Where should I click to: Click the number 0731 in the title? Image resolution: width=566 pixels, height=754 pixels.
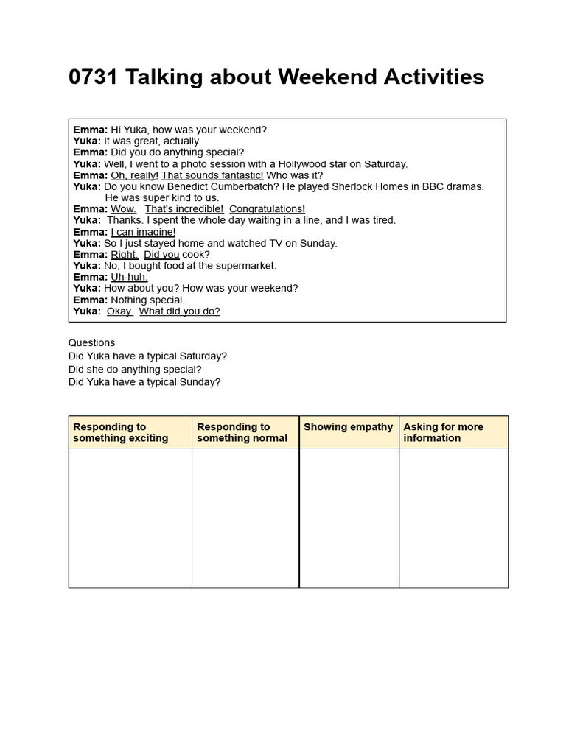pyautogui.click(x=94, y=77)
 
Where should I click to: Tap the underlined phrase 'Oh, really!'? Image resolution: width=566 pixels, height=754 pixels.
pyautogui.click(x=134, y=175)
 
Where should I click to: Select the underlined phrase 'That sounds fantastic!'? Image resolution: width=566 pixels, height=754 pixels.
pyautogui.click(x=212, y=175)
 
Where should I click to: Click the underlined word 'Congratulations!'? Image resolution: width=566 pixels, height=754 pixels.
pyautogui.click(x=267, y=209)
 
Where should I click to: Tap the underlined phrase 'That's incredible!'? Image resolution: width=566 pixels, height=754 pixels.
pyautogui.click(x=184, y=209)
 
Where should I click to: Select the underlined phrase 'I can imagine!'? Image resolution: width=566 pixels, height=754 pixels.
pyautogui.click(x=143, y=232)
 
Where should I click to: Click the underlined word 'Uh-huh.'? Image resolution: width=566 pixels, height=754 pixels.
pyautogui.click(x=129, y=277)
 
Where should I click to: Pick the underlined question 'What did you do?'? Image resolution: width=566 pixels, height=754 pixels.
pyautogui.click(x=179, y=311)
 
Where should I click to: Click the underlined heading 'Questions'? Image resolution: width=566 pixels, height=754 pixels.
pyautogui.click(x=91, y=342)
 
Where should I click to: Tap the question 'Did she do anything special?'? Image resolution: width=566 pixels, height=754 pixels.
pyautogui.click(x=135, y=369)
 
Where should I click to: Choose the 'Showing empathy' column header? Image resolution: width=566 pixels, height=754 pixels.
pyautogui.click(x=348, y=427)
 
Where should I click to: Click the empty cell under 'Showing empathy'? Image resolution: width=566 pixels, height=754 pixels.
pyautogui.click(x=349, y=517)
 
